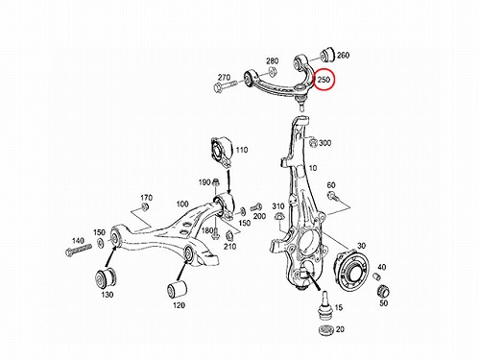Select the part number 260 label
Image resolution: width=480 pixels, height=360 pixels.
pos(343,55)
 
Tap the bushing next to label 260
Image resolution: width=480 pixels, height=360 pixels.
pos(327,55)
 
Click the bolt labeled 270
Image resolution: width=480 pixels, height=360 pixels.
pos(225,86)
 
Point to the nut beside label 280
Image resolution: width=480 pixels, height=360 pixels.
pos(272,71)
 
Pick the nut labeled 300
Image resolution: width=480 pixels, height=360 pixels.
pos(313,142)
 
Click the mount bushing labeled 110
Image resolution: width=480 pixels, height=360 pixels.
pos(222,151)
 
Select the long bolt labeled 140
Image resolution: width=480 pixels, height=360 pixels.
pos(79,250)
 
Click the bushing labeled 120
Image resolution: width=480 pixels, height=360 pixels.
pos(177,289)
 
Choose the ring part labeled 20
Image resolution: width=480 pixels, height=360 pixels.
pos(326,329)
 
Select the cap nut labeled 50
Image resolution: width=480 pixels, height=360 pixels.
pos(382,291)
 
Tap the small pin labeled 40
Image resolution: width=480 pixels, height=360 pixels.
pos(377,276)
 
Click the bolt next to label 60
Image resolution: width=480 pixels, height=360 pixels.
pos(333,196)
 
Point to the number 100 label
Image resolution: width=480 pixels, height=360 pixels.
pos(182,204)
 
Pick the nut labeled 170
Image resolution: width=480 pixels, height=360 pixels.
pos(145,206)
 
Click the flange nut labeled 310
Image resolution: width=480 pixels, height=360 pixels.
pos(279,217)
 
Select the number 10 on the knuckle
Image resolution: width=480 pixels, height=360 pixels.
pos(313,168)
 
